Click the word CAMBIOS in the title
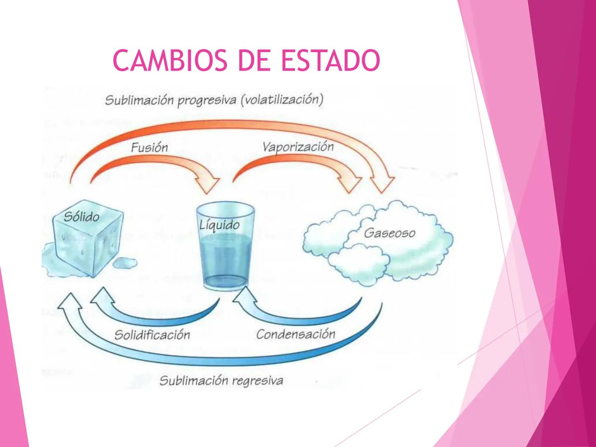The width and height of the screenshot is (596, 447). point(170,60)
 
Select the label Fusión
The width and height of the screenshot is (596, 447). point(149,147)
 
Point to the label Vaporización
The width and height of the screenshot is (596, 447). point(298,147)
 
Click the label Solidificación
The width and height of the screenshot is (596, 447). point(152,334)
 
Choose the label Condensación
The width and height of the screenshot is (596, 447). point(296,334)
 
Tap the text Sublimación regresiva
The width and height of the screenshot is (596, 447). point(221,380)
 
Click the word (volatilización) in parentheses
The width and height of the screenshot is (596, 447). point(282,100)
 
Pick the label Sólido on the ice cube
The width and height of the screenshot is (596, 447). point(82,216)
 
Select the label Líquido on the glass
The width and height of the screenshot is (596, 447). point(219,225)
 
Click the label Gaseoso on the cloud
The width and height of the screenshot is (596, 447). point(389,233)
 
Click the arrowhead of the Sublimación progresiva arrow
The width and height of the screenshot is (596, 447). point(382,183)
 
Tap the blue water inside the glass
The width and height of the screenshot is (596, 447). point(226,257)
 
